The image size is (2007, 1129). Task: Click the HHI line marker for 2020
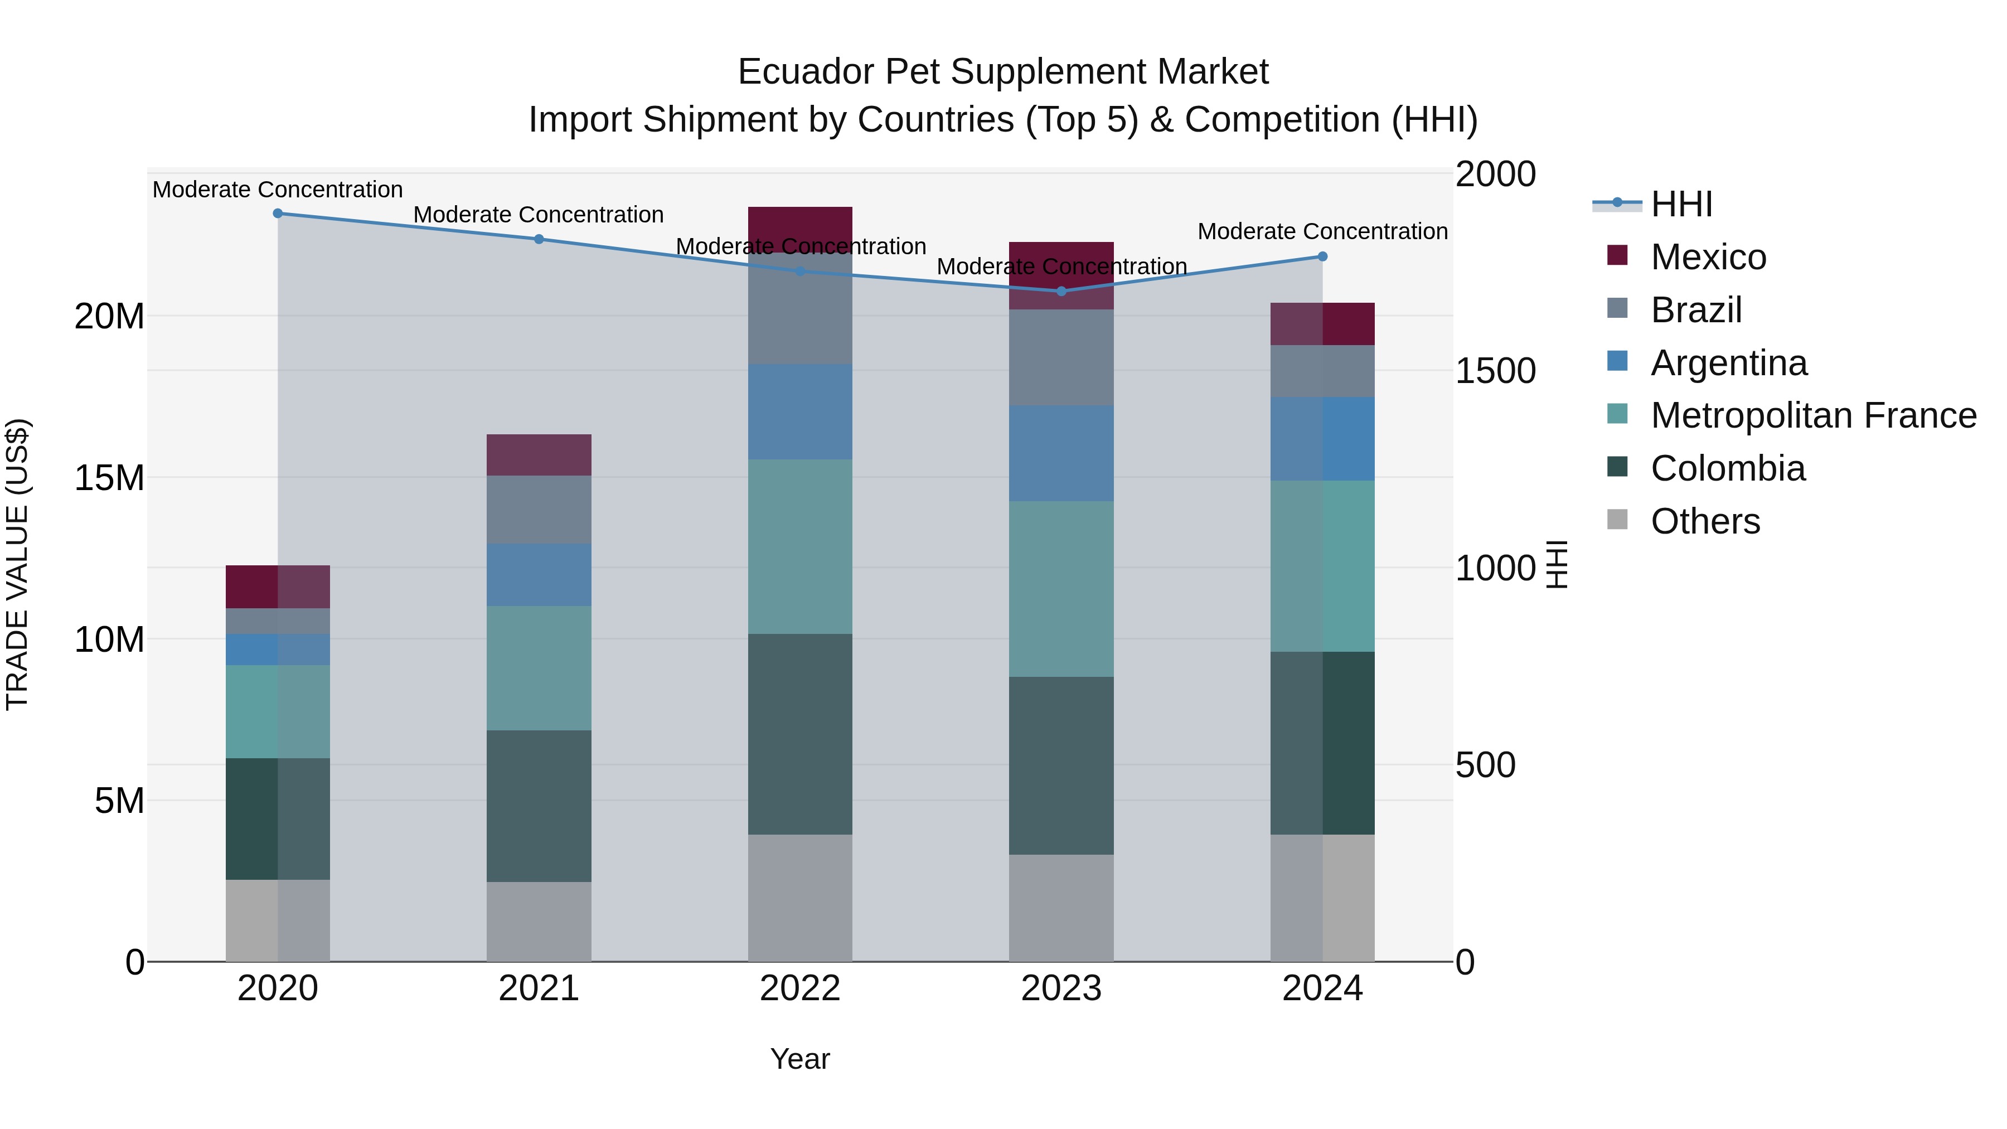pos(278,214)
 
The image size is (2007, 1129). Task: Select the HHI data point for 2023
pos(1061,292)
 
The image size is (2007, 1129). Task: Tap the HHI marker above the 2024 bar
pos(1322,256)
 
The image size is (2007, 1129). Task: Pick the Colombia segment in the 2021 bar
pos(539,806)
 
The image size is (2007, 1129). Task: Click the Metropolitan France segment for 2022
pos(800,546)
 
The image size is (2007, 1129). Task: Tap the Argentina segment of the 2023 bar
pos(1061,453)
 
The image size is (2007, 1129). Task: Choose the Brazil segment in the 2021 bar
pos(539,510)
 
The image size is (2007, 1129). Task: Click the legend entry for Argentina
pos(1728,363)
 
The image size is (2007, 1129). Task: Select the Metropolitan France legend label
pos(1813,415)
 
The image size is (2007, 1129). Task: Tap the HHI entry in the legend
pos(1681,204)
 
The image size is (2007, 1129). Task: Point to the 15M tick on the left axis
pos(109,478)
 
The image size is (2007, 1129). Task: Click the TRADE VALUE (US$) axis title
pos(17,564)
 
